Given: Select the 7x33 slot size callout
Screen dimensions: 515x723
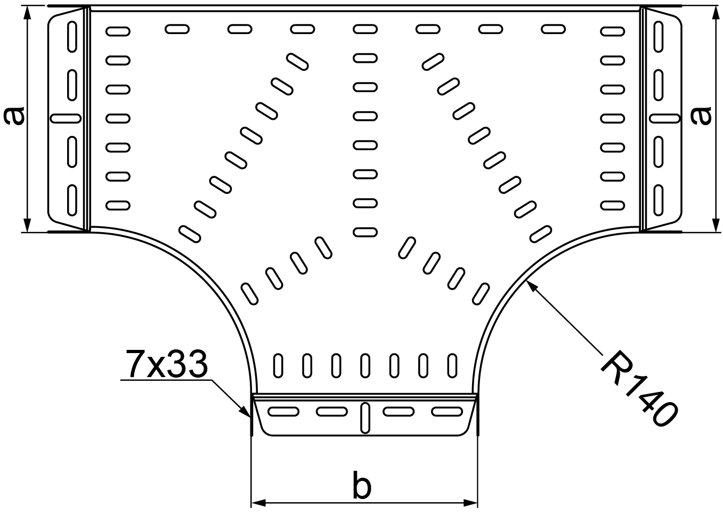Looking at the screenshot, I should click(166, 365).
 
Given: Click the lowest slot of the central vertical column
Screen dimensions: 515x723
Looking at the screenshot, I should click(365, 232).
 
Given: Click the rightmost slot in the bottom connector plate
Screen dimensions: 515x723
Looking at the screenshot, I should click(446, 412).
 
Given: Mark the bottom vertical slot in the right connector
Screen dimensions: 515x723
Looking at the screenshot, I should click(659, 198).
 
